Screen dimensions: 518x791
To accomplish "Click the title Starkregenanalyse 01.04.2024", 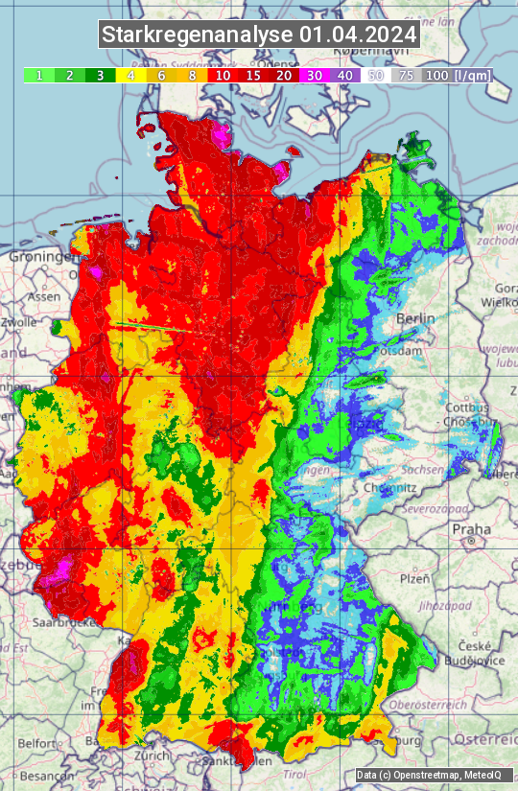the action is click(x=259, y=35).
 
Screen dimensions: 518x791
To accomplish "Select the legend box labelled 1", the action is click(x=38, y=75).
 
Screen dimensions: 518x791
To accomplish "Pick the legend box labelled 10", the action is click(x=223, y=75).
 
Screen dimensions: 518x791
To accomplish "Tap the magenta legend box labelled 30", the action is click(x=315, y=75).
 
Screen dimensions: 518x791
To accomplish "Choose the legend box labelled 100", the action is click(x=436, y=75).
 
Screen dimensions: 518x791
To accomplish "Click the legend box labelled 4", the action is click(x=130, y=75).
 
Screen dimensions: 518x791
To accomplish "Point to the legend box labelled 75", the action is click(x=406, y=75).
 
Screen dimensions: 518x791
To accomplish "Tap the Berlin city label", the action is click(x=415, y=318).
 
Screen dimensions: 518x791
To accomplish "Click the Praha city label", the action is click(x=471, y=528).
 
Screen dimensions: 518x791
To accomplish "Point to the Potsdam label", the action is click(x=401, y=351).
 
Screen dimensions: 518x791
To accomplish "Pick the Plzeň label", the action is click(x=415, y=580).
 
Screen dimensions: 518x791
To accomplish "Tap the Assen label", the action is click(x=42, y=297).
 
